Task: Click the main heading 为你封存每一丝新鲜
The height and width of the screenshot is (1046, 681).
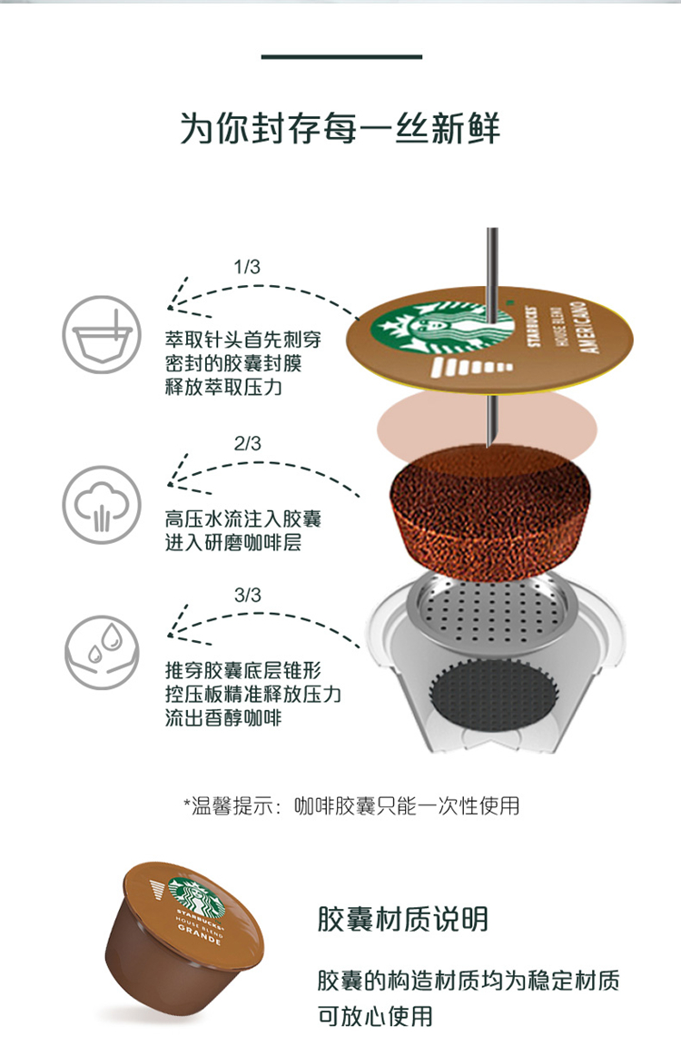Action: tap(340, 129)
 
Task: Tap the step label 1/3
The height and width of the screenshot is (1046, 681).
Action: tap(247, 268)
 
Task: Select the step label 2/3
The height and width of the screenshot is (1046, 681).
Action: tap(248, 444)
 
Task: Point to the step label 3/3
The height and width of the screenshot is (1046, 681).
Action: tap(248, 595)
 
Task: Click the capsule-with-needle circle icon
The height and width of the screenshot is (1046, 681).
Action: tap(102, 335)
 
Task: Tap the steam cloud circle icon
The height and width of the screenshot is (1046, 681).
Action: tap(102, 505)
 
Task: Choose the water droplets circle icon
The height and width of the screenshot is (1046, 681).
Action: tap(102, 652)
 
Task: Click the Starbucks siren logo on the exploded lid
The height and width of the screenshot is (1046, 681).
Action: tap(443, 328)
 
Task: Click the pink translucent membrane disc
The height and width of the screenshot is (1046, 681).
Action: tap(487, 427)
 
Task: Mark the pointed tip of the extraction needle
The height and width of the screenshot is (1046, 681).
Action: tap(489, 446)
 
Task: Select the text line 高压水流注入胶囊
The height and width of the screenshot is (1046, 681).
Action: tap(243, 518)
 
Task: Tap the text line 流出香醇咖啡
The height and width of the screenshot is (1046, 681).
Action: tap(223, 718)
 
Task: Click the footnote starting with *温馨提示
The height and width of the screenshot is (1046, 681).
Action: tap(351, 806)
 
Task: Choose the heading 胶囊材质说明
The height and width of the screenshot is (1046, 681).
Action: tap(402, 919)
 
